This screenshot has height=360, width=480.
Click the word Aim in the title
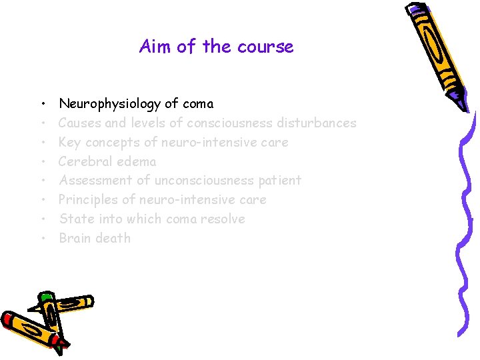(x=153, y=47)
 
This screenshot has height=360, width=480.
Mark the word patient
(x=279, y=181)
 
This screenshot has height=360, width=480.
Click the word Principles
(x=86, y=200)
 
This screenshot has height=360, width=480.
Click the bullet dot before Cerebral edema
(x=41, y=162)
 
